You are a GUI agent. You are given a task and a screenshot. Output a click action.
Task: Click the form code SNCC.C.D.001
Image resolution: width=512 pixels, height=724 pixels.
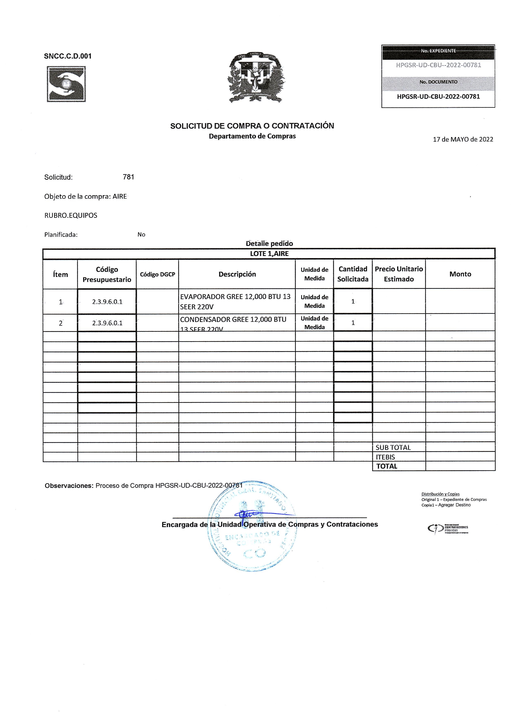tap(68, 56)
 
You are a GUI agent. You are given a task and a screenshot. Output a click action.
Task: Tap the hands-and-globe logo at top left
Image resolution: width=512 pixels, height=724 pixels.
tap(66, 84)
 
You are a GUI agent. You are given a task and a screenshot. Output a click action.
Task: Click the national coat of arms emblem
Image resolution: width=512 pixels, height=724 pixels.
tap(256, 78)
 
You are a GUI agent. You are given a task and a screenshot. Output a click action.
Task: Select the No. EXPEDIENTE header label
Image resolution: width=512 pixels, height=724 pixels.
tap(438, 51)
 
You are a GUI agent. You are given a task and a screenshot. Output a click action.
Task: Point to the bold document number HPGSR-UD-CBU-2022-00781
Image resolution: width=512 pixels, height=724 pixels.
tap(438, 97)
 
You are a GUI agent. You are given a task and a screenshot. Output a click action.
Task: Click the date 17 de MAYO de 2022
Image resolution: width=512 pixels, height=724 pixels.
tap(463, 139)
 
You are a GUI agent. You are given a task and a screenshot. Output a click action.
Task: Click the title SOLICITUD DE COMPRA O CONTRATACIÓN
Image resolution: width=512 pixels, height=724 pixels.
tap(252, 126)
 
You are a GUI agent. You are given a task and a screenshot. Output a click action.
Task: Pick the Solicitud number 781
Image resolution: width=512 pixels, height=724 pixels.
tap(128, 177)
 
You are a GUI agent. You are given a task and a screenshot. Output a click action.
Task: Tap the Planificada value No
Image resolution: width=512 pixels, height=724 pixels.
tap(141, 234)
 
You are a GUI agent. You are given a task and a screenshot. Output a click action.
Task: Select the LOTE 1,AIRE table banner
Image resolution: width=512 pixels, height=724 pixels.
tap(269, 254)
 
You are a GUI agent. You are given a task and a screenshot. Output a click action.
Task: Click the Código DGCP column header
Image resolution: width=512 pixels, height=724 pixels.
tap(157, 274)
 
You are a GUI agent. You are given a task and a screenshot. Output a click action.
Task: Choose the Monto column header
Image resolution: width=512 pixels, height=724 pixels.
tap(460, 274)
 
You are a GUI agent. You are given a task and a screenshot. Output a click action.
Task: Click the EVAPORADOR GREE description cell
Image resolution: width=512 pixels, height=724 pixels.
tap(235, 302)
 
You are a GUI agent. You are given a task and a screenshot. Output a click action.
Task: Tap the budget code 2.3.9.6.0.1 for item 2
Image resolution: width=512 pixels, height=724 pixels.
tap(107, 323)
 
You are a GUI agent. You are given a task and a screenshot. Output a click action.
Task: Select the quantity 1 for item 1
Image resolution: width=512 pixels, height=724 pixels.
tap(353, 302)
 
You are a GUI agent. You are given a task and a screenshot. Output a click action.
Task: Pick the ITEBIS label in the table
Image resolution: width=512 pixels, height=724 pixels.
tap(385, 457)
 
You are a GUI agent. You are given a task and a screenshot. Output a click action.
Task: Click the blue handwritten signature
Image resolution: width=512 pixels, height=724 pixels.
tap(249, 514)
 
